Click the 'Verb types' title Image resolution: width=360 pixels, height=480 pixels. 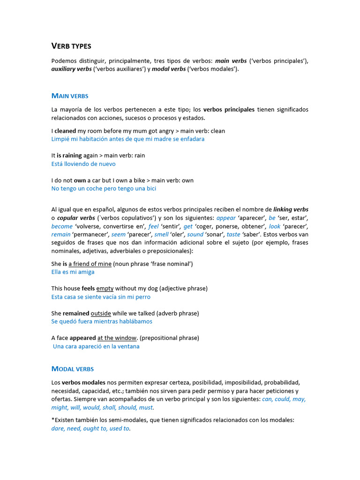point(71,46)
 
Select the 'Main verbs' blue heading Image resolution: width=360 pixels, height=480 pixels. point(70,96)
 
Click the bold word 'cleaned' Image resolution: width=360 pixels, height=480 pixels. point(65,131)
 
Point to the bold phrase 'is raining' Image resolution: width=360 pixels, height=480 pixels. point(69,156)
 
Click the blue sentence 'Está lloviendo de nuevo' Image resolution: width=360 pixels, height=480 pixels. point(83,164)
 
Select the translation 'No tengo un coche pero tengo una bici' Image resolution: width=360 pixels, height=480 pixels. point(104,188)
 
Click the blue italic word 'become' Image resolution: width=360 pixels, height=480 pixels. point(62,226)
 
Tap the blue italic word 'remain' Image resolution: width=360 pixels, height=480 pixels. point(61,234)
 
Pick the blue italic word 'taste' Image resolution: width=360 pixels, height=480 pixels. point(233,234)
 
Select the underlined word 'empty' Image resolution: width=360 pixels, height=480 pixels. point(105,289)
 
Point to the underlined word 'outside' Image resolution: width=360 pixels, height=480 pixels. point(101,313)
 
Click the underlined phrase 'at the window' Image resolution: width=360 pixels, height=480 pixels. point(117,338)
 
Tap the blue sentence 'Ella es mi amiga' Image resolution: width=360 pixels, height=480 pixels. point(73,272)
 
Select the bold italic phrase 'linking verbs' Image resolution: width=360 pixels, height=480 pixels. point(291,210)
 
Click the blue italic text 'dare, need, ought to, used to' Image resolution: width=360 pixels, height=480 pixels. point(90,428)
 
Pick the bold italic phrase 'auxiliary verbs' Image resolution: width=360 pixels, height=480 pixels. point(71,69)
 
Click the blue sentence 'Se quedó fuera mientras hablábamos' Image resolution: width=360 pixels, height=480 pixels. point(102,322)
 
